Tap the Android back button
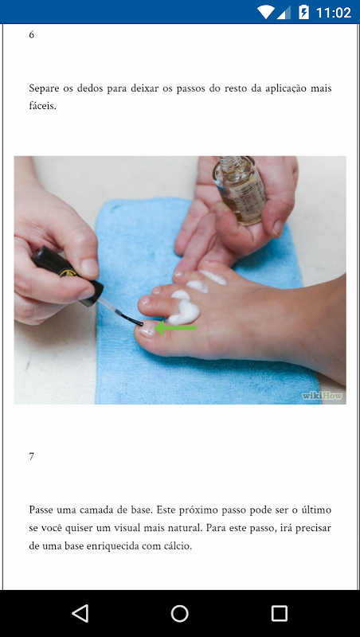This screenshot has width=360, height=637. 80,613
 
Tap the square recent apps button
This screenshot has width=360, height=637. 279,613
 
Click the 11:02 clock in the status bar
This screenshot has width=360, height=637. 333,12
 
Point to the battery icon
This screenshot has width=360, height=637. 303,12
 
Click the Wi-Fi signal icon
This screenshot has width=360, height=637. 266,12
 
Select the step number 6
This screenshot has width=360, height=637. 32,35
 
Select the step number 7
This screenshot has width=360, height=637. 32,456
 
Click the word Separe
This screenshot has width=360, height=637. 42,89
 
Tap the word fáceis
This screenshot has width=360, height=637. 42,107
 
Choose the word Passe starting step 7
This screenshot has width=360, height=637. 41,510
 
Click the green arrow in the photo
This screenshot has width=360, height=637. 175,327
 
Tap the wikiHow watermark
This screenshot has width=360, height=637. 323,395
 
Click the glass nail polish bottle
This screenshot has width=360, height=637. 239,190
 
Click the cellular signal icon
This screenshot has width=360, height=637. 284,12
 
